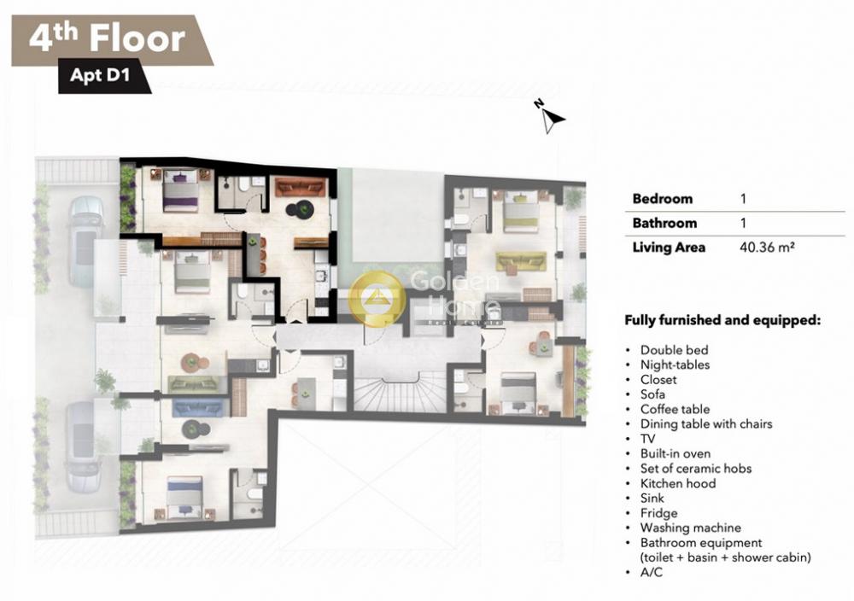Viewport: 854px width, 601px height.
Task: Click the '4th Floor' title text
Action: [108, 39]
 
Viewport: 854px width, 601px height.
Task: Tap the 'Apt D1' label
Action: [100, 75]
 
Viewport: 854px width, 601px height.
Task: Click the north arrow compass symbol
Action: [551, 116]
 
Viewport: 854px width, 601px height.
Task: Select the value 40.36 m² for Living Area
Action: [767, 248]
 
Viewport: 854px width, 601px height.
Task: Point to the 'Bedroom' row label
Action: [663, 199]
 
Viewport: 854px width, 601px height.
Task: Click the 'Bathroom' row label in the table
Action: [664, 223]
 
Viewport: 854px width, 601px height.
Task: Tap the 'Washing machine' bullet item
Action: [690, 528]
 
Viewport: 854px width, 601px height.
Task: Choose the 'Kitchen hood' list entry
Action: [677, 483]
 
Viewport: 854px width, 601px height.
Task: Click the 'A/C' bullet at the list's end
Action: [652, 573]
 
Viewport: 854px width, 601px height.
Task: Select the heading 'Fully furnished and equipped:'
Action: [722, 320]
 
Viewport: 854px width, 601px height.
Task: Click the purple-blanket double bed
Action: [180, 190]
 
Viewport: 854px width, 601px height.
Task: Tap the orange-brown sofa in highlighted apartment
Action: [298, 187]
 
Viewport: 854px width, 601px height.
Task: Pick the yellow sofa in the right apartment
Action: [521, 260]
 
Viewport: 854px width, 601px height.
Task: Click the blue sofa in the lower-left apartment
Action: [198, 407]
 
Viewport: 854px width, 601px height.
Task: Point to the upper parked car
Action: [85, 240]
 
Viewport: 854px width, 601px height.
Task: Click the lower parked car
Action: [84, 447]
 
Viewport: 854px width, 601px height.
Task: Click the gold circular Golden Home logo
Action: [377, 299]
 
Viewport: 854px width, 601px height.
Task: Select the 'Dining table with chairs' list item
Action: [706, 424]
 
